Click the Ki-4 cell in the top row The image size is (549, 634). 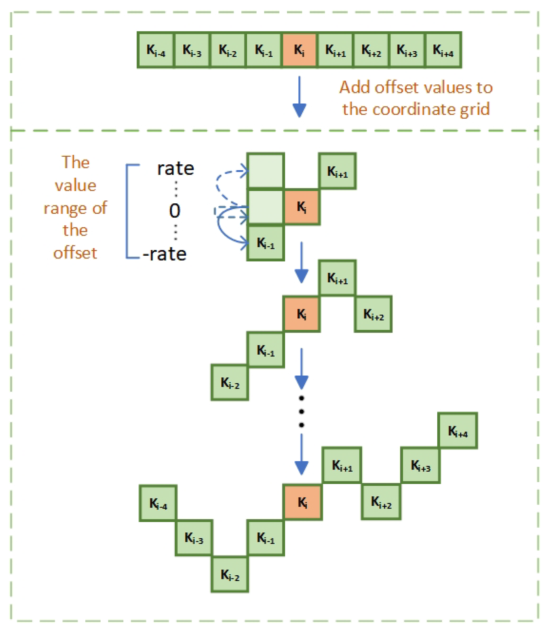[x=156, y=50]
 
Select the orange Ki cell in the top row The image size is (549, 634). [x=299, y=50]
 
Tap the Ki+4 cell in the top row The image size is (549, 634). [x=443, y=50]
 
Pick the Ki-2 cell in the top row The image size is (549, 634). [x=228, y=50]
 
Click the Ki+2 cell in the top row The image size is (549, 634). [x=371, y=50]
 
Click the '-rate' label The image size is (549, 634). [x=165, y=254]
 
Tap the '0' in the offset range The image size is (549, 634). [x=175, y=211]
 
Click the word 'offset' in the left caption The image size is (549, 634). [x=75, y=253]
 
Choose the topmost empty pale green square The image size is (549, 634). [x=266, y=171]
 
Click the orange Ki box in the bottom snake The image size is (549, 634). [x=303, y=503]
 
